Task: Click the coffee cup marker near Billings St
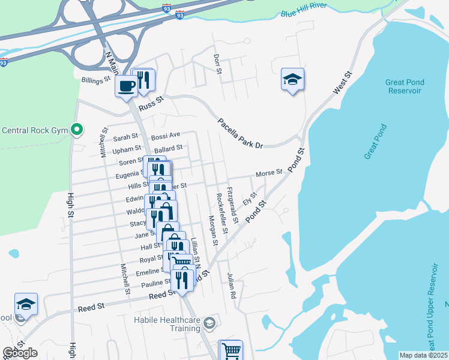coord(127,86)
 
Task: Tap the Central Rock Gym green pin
coord(76,130)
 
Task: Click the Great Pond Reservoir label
coord(394,86)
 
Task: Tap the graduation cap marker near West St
coord(292,80)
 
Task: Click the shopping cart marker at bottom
coord(231,350)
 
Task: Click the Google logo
coord(20,353)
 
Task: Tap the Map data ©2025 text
coord(423,355)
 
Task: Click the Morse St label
coord(268,173)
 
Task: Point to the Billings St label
coord(96,79)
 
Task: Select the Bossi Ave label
coord(166,136)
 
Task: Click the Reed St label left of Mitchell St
coord(91,306)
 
